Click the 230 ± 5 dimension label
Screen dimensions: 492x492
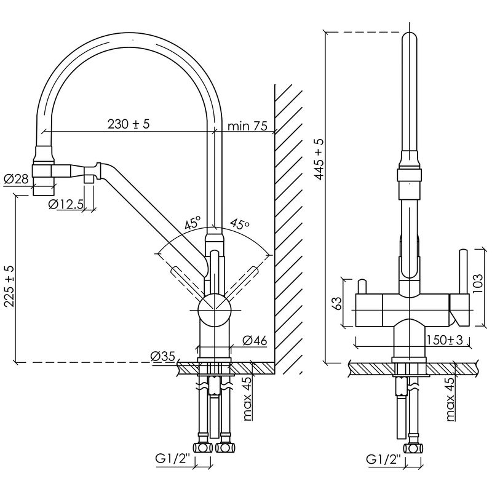click(x=129, y=124)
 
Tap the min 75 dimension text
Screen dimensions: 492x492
click(x=247, y=126)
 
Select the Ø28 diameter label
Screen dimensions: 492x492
click(x=17, y=179)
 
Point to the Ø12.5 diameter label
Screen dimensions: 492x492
click(x=66, y=204)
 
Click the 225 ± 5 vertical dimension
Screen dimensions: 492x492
click(x=9, y=286)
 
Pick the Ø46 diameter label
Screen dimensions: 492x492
click(x=255, y=340)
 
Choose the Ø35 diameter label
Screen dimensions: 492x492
click(x=162, y=356)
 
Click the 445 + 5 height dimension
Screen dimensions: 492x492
click(x=319, y=159)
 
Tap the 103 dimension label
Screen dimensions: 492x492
click(x=477, y=284)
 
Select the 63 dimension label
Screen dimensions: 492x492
click(x=336, y=303)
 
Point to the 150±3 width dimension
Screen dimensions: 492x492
click(x=445, y=340)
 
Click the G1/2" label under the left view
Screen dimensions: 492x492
click(x=173, y=459)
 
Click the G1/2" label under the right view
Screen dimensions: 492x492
click(x=384, y=459)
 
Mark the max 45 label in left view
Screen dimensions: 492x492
click(x=248, y=399)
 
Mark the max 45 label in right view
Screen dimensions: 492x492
click(x=450, y=399)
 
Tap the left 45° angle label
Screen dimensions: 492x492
click(x=192, y=223)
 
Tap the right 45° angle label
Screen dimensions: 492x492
click(x=240, y=224)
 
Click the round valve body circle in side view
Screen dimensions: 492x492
click(x=215, y=310)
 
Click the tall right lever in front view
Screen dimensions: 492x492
click(x=464, y=272)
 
